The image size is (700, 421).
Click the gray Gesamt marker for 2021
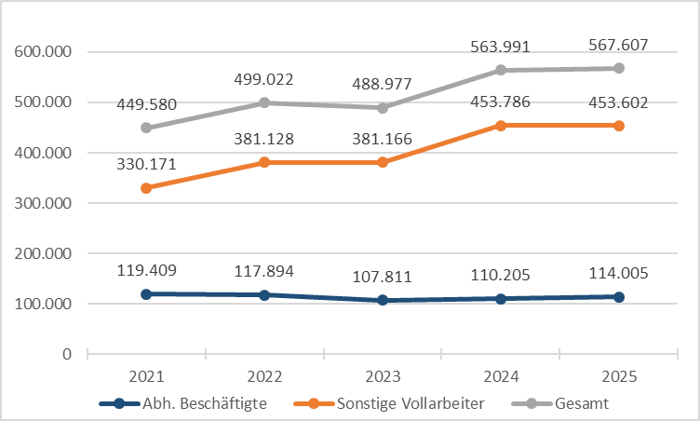(146, 128)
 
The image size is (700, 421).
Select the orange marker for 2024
(501, 125)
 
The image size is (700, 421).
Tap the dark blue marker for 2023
(383, 300)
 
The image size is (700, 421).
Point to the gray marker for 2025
(619, 68)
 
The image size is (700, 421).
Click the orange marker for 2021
(146, 188)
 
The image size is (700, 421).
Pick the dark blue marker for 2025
(619, 297)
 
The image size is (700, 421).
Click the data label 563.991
(500, 46)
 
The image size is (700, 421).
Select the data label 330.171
(146, 164)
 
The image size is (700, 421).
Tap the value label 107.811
(383, 278)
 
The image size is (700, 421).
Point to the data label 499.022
(264, 78)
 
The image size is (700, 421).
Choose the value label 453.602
(619, 102)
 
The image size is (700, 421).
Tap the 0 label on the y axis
(66, 354)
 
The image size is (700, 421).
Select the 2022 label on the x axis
(264, 376)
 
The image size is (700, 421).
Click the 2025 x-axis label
(619, 376)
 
